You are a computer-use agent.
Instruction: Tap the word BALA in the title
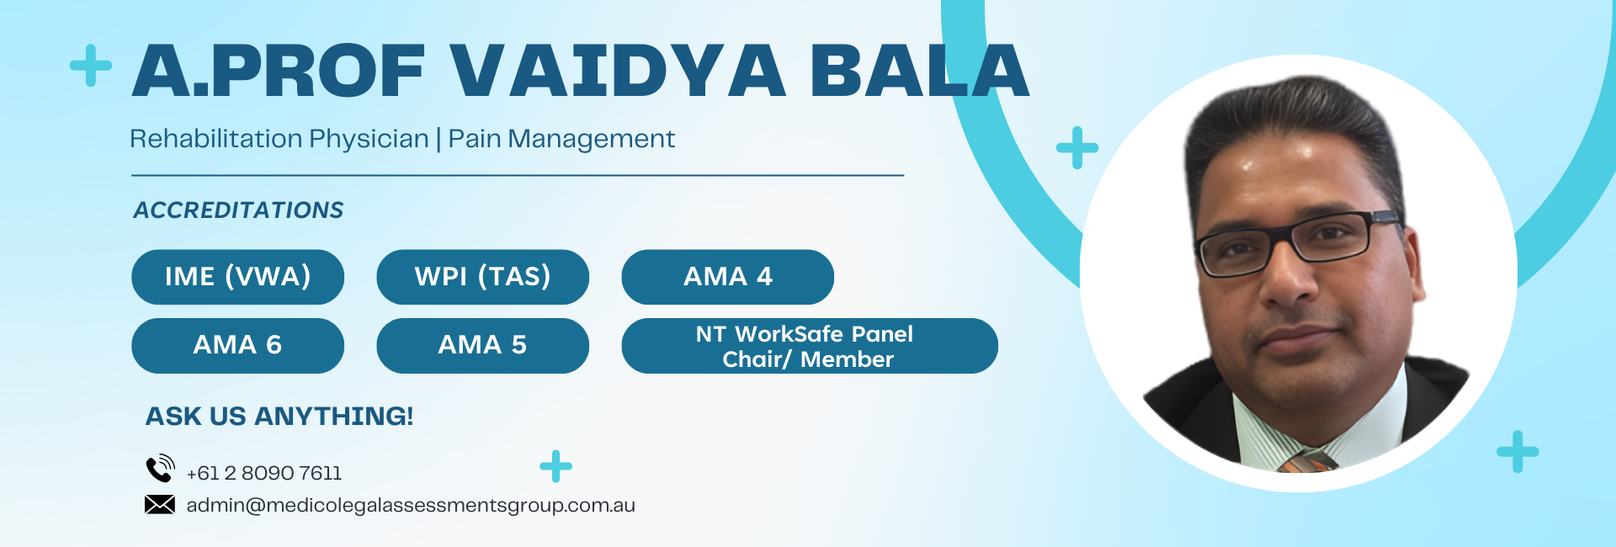[920, 70]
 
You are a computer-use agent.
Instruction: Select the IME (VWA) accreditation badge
[237, 277]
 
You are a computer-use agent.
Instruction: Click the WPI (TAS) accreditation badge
[482, 277]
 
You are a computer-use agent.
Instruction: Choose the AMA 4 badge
[727, 277]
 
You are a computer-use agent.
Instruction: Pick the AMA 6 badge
[237, 345]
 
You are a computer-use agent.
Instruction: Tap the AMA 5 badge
[482, 345]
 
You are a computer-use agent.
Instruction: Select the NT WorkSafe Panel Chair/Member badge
[810, 345]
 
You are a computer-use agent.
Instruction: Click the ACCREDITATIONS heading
[238, 210]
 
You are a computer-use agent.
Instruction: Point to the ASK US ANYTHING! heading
[279, 416]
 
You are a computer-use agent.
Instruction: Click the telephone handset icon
[160, 468]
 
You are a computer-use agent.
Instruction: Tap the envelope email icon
[160, 504]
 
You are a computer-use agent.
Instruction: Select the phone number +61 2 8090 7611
[264, 473]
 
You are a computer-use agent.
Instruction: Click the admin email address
[411, 505]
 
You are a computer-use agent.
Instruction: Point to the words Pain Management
[561, 138]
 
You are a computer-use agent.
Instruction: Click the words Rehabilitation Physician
[279, 139]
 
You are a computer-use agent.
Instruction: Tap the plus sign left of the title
[91, 66]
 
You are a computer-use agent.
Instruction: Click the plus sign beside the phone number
[555, 466]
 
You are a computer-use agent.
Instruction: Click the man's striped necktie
[1307, 461]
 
